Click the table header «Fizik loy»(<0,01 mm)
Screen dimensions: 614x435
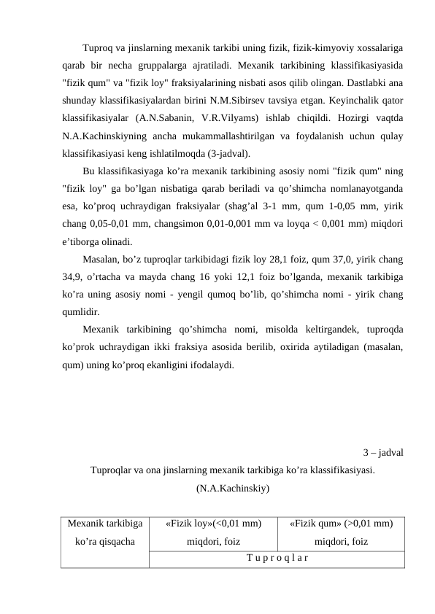click(x=214, y=523)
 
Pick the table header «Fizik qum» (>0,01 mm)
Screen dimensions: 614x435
click(x=342, y=523)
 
